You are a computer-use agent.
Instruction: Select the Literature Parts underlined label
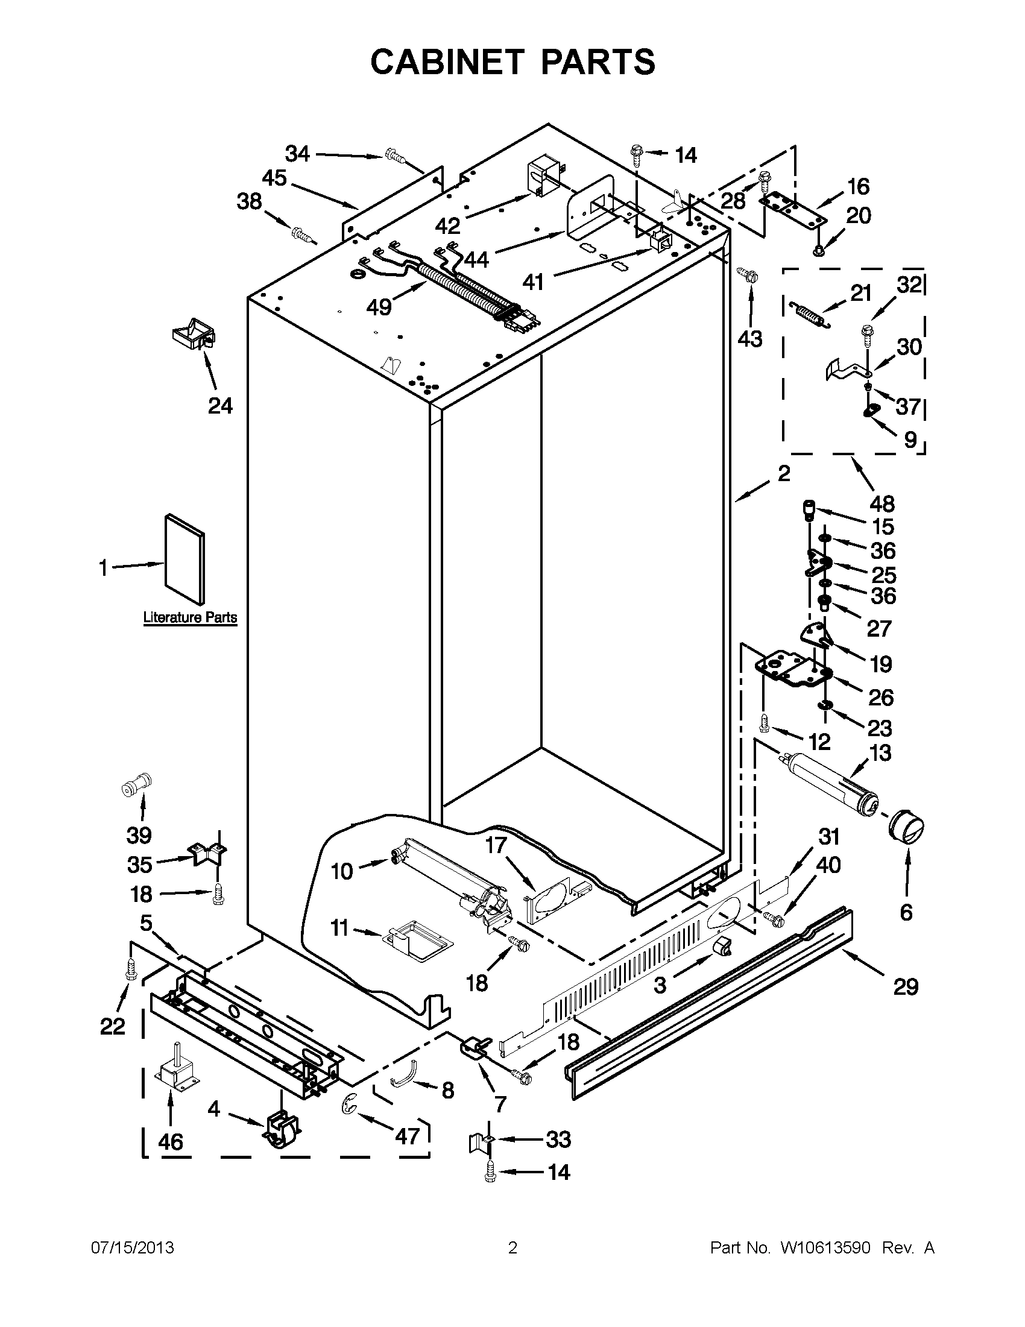pos(189,617)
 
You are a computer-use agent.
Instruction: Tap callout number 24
pos(220,405)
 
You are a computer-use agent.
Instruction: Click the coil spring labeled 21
pos(809,315)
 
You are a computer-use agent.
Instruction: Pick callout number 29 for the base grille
pos(905,987)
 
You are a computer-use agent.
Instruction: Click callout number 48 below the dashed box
pos(881,503)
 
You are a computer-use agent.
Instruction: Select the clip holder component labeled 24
pos(194,333)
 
